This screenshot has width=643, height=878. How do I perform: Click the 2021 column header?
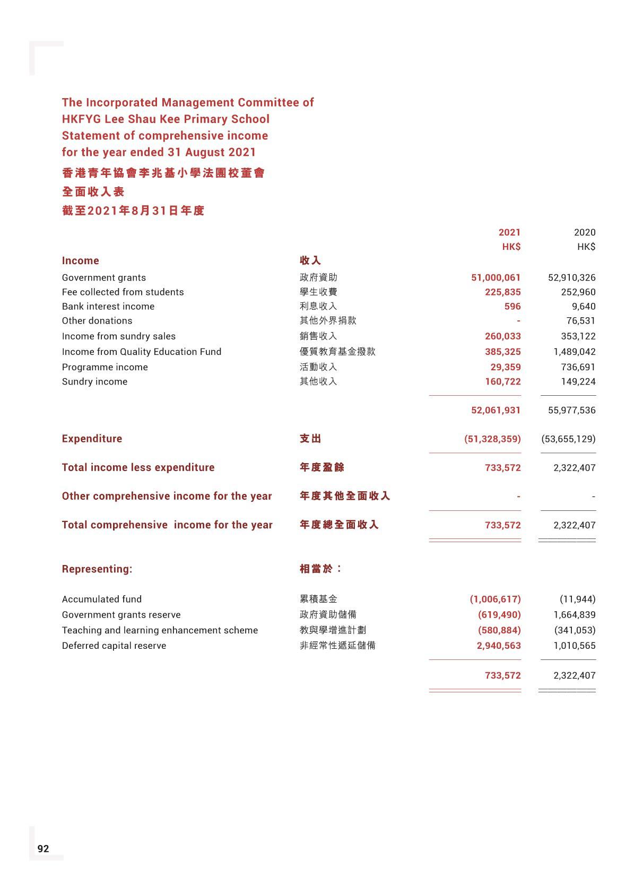pyautogui.click(x=509, y=232)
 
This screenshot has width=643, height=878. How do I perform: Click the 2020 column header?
pyautogui.click(x=585, y=232)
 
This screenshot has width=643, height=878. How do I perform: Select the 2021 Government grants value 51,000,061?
pyautogui.click(x=496, y=277)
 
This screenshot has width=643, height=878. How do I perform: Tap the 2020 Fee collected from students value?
pyautogui.click(x=578, y=292)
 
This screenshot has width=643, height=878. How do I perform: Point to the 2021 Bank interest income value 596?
pyautogui.click(x=512, y=306)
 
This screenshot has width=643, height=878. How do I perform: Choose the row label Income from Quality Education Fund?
pyautogui.click(x=142, y=352)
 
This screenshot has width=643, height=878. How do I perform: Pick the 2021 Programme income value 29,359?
pyautogui.click(x=505, y=367)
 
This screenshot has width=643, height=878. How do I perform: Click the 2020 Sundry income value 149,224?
pyautogui.click(x=578, y=381)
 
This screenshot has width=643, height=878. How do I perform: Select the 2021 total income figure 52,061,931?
pyautogui.click(x=496, y=410)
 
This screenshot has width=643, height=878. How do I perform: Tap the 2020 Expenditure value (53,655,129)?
pyautogui.click(x=568, y=439)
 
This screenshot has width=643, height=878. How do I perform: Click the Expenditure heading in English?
pyautogui.click(x=92, y=439)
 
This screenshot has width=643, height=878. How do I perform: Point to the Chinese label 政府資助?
pyautogui.click(x=318, y=277)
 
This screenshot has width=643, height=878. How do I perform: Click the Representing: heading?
pyautogui.click(x=97, y=569)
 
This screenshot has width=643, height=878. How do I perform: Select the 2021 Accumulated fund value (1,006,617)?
pyautogui.click(x=495, y=599)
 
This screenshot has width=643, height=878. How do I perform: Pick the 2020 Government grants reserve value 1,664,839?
pyautogui.click(x=574, y=615)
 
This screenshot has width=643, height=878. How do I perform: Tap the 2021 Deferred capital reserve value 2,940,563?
pyautogui.click(x=499, y=646)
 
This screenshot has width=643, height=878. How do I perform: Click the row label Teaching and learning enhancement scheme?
pyautogui.click(x=160, y=630)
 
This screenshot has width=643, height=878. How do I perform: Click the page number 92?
pyautogui.click(x=43, y=848)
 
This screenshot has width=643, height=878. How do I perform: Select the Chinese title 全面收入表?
pyautogui.click(x=93, y=192)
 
